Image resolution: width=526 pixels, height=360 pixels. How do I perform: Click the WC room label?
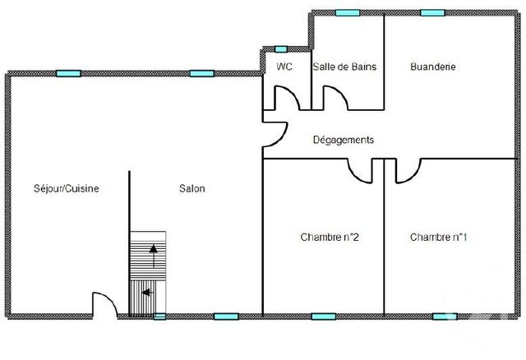[285, 67]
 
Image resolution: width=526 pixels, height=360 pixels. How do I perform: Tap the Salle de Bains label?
[344, 67]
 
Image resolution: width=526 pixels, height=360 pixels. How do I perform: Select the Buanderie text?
[432, 67]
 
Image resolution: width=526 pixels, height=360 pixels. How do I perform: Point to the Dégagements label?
[344, 140]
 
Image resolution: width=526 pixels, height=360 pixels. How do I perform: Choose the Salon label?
[192, 188]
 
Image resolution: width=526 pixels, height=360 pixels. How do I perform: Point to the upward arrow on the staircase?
[152, 256]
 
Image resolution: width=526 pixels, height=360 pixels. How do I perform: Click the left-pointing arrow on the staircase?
[147, 291]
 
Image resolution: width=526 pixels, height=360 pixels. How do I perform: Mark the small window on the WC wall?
[281, 50]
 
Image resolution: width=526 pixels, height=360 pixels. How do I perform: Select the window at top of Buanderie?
[432, 12]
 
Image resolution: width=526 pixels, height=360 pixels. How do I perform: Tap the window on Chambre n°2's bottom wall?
[323, 316]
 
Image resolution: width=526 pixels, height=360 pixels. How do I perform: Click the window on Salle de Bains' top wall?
[348, 12]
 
